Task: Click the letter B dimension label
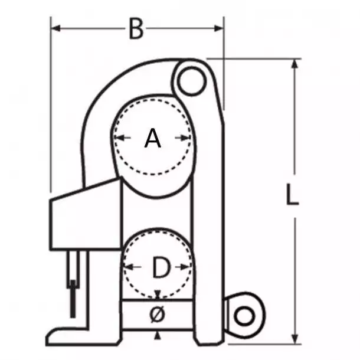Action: click(136, 29)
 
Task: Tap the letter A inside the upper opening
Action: click(153, 138)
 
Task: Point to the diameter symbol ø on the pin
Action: click(157, 315)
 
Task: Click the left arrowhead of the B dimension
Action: click(55, 28)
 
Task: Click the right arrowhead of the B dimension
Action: click(219, 28)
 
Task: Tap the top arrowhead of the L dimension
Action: click(294, 64)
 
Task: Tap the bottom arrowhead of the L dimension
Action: click(294, 339)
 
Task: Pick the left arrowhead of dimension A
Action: click(119, 138)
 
